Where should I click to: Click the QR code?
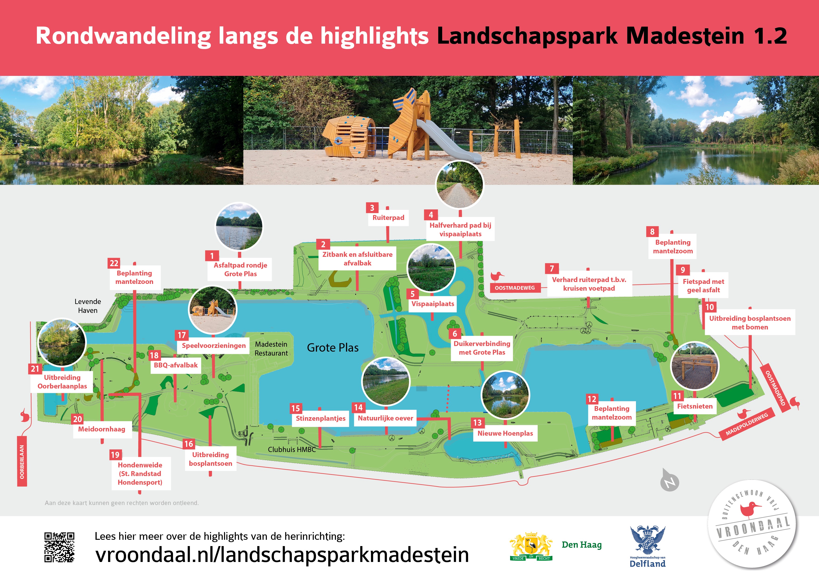[59, 547]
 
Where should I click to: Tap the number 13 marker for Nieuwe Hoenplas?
[477, 423]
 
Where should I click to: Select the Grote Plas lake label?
[332, 347]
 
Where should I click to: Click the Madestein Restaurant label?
[271, 349]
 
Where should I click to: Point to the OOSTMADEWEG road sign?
[515, 288]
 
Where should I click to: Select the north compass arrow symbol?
[670, 480]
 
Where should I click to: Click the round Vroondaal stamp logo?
[753, 530]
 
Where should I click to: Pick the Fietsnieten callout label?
[695, 406]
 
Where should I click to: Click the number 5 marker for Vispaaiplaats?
[412, 294]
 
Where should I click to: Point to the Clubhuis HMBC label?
[292, 449]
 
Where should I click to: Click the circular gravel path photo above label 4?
[460, 184]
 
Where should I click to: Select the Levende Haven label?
[88, 306]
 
